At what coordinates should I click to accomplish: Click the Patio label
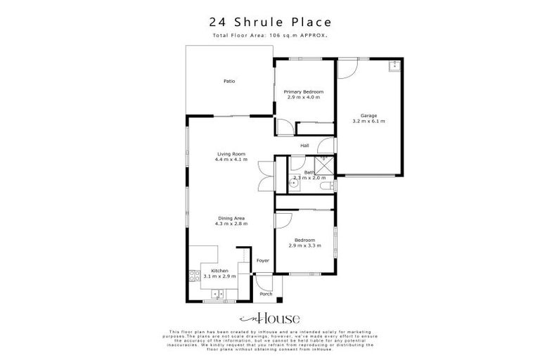229,82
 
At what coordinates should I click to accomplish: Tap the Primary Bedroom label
304,92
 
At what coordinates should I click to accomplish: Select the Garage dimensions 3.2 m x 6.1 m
369,121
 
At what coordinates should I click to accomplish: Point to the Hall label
305,146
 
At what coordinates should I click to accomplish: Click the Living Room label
231,154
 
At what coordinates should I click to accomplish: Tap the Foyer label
263,260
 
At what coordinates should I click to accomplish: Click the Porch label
266,294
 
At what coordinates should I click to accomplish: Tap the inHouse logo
269,318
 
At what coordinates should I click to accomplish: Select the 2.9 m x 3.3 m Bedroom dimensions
304,245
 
